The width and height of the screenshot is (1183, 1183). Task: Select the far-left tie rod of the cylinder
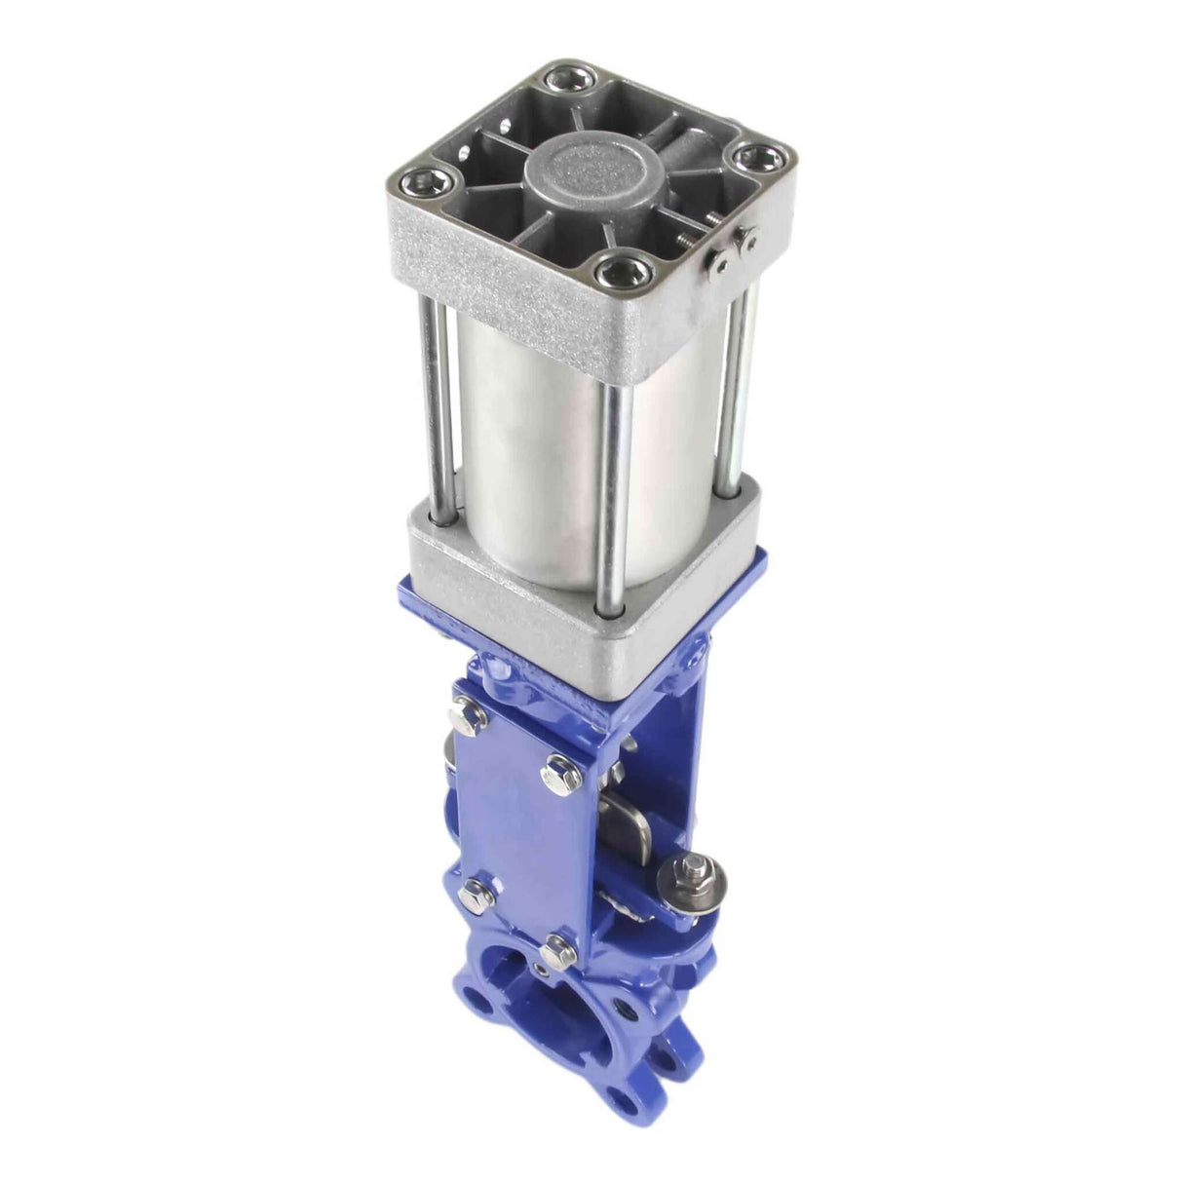tap(428, 409)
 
